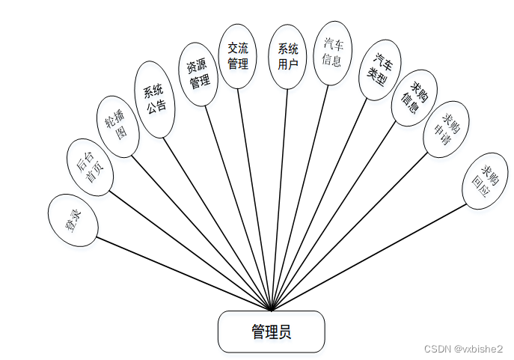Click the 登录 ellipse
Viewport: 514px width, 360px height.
click(x=73, y=220)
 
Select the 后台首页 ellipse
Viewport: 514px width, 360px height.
click(x=91, y=166)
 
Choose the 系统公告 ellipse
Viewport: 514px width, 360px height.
click(x=156, y=99)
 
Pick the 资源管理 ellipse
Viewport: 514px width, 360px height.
click(x=198, y=74)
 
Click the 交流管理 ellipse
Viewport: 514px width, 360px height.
click(x=238, y=56)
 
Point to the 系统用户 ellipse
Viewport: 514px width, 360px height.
click(x=288, y=56)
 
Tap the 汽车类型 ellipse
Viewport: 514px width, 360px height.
click(x=381, y=70)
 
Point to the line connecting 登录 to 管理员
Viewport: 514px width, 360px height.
click(x=183, y=274)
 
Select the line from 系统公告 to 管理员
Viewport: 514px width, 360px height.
click(x=217, y=223)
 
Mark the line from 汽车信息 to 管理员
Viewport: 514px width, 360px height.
click(x=299, y=198)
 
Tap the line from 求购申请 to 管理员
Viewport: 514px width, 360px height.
click(x=348, y=233)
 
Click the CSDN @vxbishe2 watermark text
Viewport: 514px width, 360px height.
click(x=463, y=349)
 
